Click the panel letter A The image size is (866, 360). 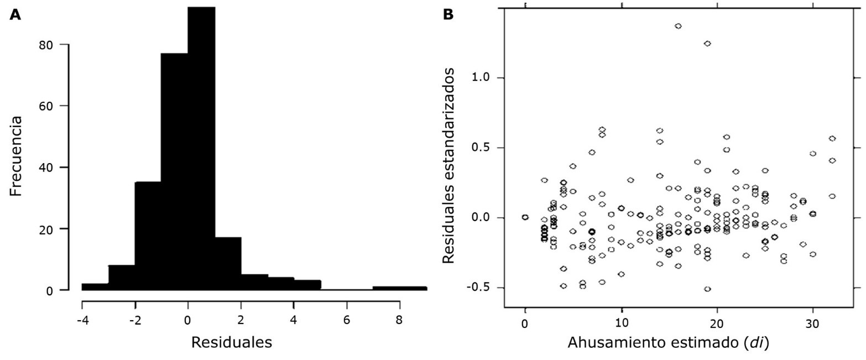click(16, 15)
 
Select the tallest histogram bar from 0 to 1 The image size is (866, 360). click(201, 149)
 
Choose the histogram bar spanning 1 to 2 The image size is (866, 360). click(228, 263)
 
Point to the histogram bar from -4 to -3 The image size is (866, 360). click(95, 286)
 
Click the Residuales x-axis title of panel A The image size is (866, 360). click(231, 342)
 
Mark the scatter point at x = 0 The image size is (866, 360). click(525, 217)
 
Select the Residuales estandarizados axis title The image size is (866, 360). click(452, 166)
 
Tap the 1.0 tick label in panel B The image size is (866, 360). click(482, 78)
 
